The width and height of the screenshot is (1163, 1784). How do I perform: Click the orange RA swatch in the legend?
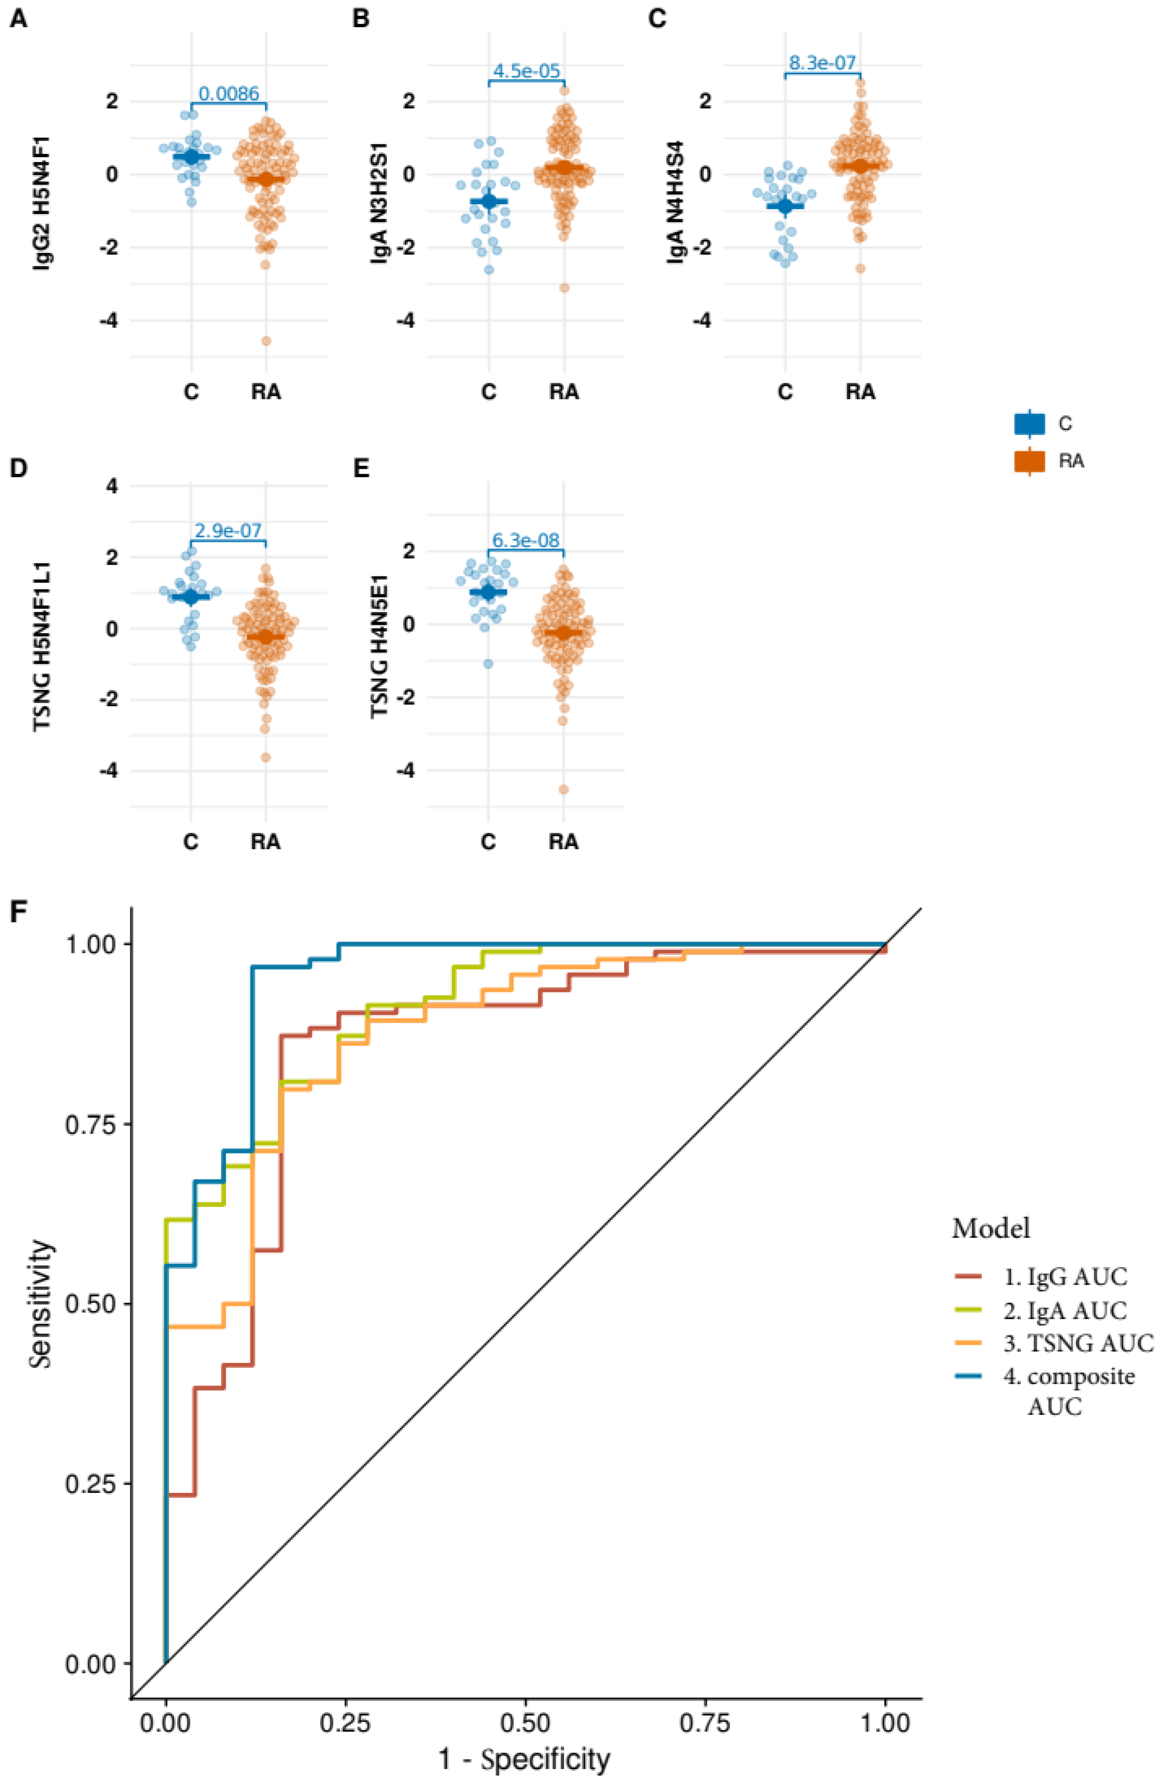[1029, 461]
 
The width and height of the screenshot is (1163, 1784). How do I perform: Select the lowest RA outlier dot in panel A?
[265, 341]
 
